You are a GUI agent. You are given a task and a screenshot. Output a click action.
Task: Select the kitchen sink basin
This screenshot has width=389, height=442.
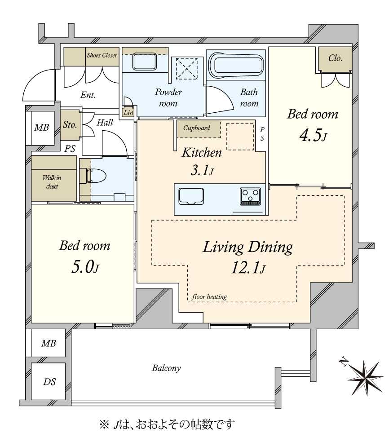coord(191,196)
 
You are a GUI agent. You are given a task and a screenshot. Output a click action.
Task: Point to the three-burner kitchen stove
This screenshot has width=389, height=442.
coord(251,196)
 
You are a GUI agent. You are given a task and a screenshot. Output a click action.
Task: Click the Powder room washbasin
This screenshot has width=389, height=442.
coord(145,62)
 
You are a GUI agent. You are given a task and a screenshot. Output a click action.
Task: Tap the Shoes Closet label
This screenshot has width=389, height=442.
coord(102,55)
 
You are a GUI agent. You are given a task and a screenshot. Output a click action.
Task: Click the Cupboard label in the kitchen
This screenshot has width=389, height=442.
coord(196,128)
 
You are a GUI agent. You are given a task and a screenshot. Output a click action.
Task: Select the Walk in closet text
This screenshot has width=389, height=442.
coord(52,182)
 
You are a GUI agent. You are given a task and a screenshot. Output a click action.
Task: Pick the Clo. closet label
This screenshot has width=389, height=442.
coord(335,58)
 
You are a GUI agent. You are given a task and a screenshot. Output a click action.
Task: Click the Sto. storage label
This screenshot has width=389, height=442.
coord(70,124)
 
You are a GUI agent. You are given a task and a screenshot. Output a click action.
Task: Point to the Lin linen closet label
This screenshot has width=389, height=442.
coord(128,112)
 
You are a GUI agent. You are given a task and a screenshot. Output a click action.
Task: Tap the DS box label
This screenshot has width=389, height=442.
coord(49,382)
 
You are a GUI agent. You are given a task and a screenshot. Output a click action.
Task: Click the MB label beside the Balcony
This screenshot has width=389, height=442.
coord(49,343)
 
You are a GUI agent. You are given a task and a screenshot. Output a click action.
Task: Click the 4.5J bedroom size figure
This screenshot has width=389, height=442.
coord(313,136)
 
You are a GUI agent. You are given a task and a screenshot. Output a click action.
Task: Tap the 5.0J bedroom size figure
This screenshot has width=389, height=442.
coord(85,267)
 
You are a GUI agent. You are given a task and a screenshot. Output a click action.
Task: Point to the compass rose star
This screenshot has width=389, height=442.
coord(365,378)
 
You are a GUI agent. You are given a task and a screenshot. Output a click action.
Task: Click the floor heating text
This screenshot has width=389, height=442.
coord(209,296)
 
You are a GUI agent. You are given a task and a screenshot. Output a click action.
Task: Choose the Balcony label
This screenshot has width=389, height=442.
coord(166,368)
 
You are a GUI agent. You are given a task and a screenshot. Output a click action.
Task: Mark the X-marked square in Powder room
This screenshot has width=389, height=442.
coord(186,68)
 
